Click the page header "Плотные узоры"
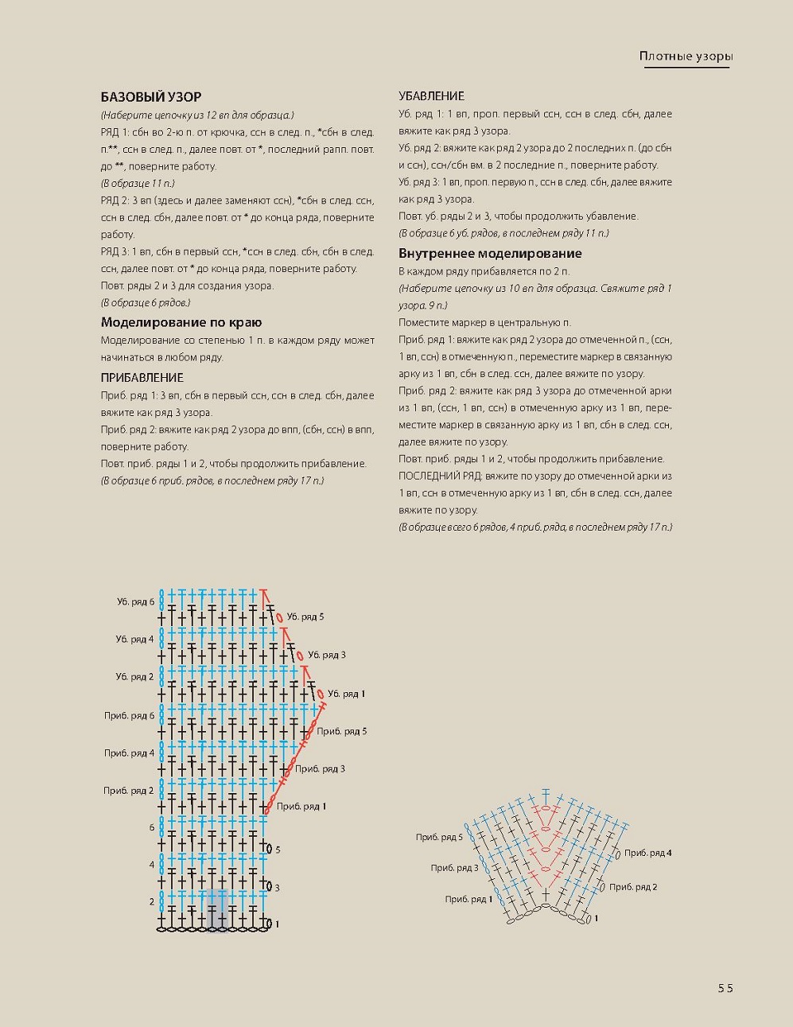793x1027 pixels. [x=686, y=56]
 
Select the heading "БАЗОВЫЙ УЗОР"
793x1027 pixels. [x=151, y=97]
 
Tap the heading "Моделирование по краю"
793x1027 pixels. [x=181, y=322]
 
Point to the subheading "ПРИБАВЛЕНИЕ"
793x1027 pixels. [x=142, y=378]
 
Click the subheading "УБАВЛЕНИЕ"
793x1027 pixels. [x=431, y=96]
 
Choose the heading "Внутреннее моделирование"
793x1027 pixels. [x=490, y=254]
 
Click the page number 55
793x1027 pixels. [x=725, y=988]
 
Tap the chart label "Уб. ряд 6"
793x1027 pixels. [x=135, y=602]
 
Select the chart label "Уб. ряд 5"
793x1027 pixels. [x=305, y=617]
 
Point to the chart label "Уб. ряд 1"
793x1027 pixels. [x=346, y=694]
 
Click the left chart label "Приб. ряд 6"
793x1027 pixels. [x=129, y=716]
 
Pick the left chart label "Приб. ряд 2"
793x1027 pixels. [x=129, y=791]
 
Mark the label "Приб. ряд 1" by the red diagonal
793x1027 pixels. [x=301, y=807]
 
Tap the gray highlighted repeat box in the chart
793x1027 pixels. [x=216, y=909]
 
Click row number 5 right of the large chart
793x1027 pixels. [x=278, y=850]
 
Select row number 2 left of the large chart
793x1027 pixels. [x=152, y=902]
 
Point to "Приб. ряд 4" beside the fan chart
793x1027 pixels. [x=647, y=853]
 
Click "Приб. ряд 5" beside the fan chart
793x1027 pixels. [x=439, y=838]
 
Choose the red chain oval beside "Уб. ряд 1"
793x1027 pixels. [x=321, y=694]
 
